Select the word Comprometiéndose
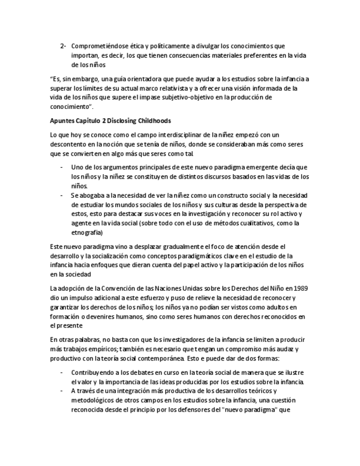pyautogui.click(x=97, y=46)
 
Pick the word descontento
pyautogui.click(x=69, y=144)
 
